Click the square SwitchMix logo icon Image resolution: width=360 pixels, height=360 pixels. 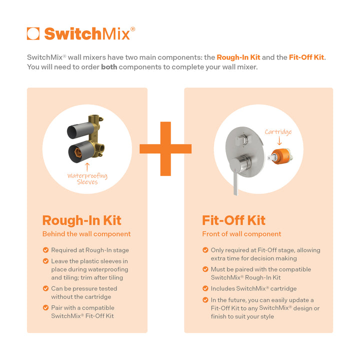33,33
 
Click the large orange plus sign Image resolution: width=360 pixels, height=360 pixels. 165,148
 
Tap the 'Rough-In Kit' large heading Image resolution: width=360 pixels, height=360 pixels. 81,220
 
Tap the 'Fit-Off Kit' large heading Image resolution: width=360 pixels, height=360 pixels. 233,220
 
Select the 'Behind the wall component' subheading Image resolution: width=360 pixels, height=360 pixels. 86,234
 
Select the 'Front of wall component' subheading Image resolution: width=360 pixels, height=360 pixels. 241,234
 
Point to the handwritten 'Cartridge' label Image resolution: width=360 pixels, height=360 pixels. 278,132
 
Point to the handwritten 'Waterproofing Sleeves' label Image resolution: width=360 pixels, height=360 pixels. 87,179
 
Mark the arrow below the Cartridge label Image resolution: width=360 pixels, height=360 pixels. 279,141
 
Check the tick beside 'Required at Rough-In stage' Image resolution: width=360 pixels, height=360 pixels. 46,250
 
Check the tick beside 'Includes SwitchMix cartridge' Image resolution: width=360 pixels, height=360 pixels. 205,288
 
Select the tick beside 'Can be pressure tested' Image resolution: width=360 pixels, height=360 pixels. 46,288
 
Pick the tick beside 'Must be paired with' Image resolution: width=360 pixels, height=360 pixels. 205,269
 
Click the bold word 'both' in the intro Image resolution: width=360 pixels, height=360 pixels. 109,66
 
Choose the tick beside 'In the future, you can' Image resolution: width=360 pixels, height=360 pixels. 205,300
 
